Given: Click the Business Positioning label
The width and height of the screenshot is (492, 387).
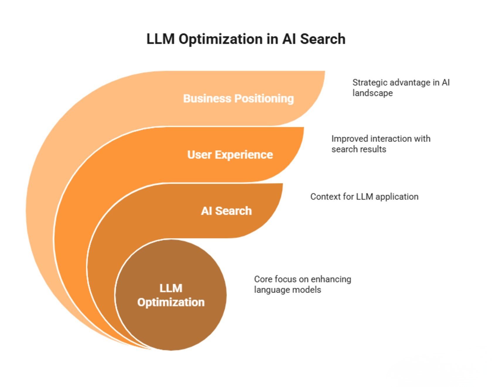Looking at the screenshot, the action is [238, 99].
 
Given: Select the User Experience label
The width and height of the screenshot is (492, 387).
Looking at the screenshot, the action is [230, 155].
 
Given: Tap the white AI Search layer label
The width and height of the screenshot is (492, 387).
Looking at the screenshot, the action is [226, 211].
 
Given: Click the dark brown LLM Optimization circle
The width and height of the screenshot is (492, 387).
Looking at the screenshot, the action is [171, 295].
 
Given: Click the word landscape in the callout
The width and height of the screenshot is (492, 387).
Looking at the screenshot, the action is [373, 93].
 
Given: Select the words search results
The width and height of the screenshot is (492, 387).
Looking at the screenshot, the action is [359, 149].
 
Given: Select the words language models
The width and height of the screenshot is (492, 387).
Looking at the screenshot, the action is [288, 290].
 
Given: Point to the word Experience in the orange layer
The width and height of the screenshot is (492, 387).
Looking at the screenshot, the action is [244, 155].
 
